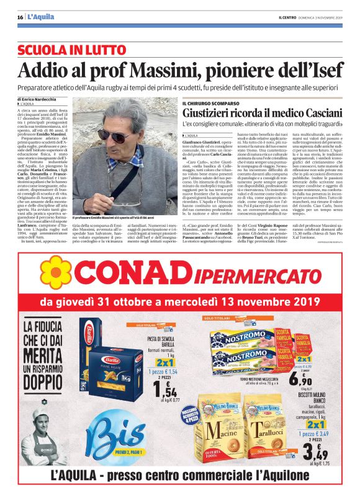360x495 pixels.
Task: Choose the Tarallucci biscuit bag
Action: point(270,427)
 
